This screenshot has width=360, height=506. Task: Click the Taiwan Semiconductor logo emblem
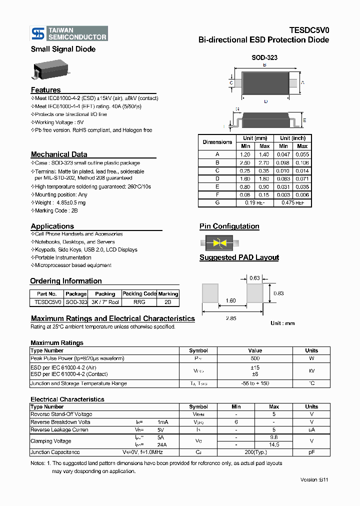tap(38, 33)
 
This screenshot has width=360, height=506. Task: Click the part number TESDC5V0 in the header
tap(309, 30)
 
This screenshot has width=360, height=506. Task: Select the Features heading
tap(45, 90)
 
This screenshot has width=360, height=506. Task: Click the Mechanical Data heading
tap(59, 154)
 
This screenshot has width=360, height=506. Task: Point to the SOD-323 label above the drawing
tap(264, 57)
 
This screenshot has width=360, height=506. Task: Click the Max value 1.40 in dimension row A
tap(264, 155)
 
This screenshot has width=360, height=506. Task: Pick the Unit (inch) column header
tap(292, 138)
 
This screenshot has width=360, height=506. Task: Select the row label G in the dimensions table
tap(217, 203)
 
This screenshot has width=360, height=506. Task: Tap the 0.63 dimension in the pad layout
tap(254, 277)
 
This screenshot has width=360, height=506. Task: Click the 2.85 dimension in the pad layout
tap(230, 318)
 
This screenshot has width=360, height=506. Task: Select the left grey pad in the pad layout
tap(210, 293)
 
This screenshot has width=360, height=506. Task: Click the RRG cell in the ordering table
tap(139, 302)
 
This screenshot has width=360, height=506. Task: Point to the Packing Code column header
tap(139, 293)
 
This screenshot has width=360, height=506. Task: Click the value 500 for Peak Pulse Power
tap(255, 358)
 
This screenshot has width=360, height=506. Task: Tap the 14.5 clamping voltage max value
tap(274, 444)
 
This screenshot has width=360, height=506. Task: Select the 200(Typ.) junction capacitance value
tap(255, 452)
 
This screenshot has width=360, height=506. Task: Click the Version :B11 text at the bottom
tap(314, 479)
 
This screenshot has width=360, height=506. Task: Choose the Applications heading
tap(52, 226)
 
